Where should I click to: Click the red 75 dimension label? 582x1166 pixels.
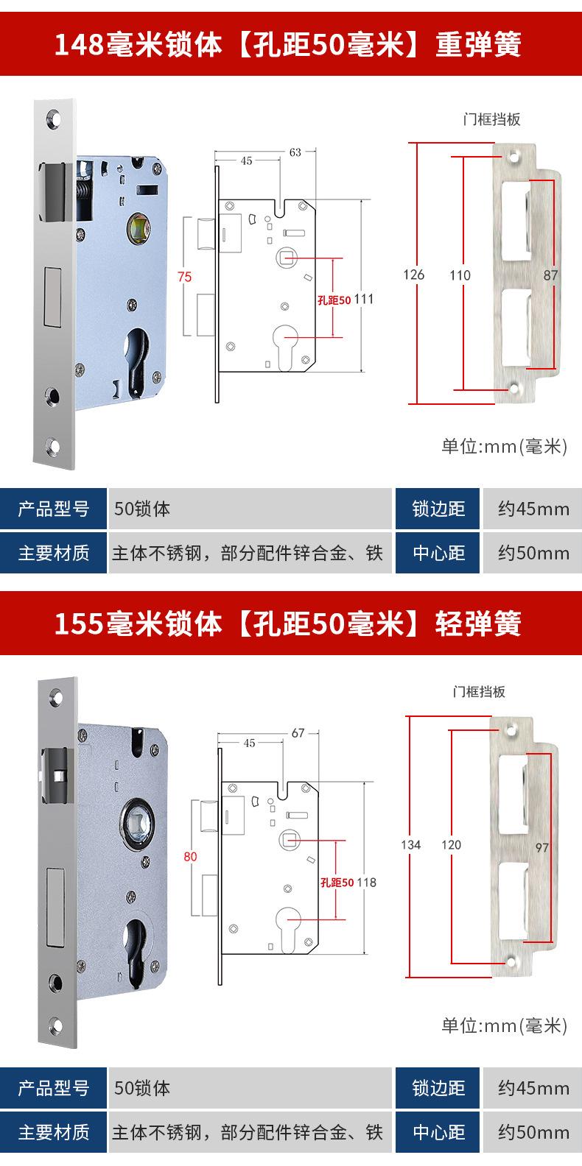[x=184, y=277]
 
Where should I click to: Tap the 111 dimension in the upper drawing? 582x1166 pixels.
[x=364, y=299]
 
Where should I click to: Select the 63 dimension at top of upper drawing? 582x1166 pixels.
[x=295, y=152]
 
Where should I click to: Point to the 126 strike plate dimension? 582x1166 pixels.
[x=414, y=275]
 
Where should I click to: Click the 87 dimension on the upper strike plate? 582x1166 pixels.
[x=550, y=275]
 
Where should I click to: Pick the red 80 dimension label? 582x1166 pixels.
[x=190, y=856]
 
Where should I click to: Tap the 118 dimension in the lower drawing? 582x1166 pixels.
[x=366, y=882]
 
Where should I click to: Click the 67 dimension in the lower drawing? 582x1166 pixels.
[x=298, y=732]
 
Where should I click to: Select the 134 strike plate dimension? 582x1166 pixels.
[x=411, y=844]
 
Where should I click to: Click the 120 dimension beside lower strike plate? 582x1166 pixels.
[x=451, y=844]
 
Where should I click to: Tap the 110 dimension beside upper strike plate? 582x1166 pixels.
[x=460, y=275]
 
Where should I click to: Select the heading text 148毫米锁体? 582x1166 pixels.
[x=139, y=46]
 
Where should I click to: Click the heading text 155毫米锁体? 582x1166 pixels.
[x=139, y=625]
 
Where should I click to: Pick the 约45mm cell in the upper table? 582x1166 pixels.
[x=533, y=509]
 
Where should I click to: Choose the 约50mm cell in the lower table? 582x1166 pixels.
[x=533, y=1132]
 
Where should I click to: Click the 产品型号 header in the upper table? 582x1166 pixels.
[x=54, y=509]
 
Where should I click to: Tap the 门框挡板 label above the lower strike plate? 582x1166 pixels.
[x=479, y=692]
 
